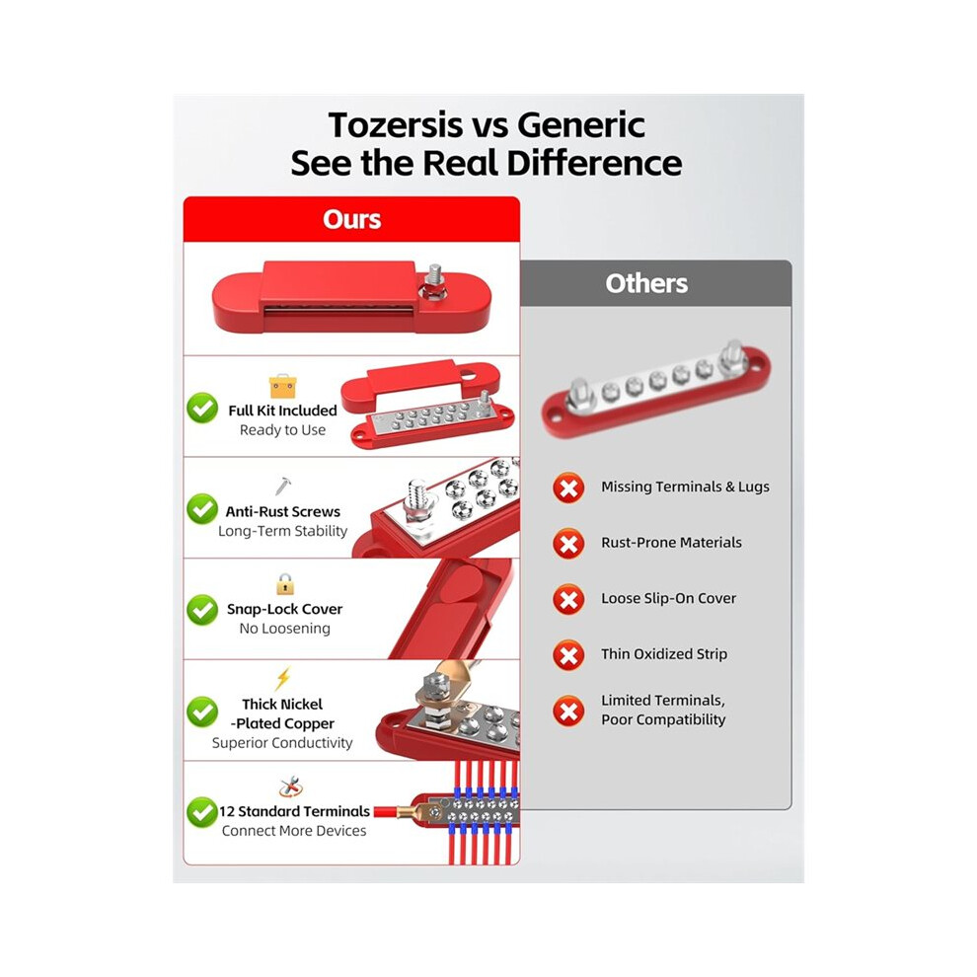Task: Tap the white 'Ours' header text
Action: (x=351, y=219)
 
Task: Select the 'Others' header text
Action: (x=646, y=283)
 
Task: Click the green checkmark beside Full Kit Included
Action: (x=202, y=409)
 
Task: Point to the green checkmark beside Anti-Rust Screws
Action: (x=202, y=509)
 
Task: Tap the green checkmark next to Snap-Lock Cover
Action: (x=202, y=610)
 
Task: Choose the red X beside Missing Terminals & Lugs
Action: (x=568, y=488)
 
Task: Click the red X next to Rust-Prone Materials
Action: (x=568, y=544)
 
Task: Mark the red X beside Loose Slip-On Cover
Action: (x=568, y=599)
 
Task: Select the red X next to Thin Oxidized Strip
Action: (x=568, y=655)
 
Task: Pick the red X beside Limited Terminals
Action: (x=568, y=711)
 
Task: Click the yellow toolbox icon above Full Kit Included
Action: (x=283, y=386)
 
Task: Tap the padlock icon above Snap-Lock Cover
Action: (x=285, y=584)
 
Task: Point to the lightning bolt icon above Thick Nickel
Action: (x=283, y=678)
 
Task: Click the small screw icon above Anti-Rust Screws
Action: (x=283, y=486)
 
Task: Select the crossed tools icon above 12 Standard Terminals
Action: (x=290, y=787)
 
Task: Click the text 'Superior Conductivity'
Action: (x=282, y=743)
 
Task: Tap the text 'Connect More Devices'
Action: (x=294, y=831)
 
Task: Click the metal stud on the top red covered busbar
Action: (x=434, y=278)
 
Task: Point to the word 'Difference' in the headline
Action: (x=594, y=163)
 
